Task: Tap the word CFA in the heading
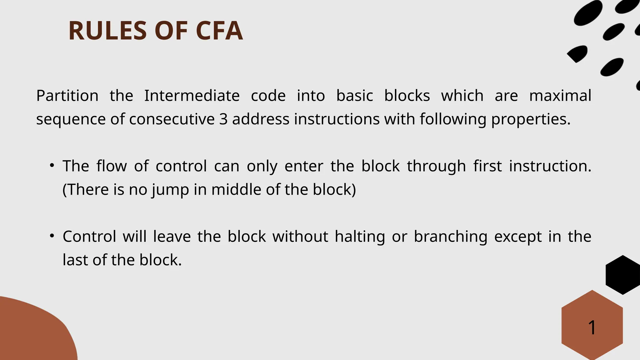[219, 31]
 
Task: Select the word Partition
[67, 96]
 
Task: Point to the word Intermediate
[192, 96]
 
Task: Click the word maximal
[560, 96]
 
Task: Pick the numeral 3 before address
[223, 119]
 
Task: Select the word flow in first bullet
[112, 166]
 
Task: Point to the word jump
[170, 190]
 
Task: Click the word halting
[360, 237]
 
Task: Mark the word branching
[450, 237]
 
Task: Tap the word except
[518, 237]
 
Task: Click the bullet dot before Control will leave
[52, 236]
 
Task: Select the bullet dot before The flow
[52, 165]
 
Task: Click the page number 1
[592, 327]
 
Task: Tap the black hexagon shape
[622, 275]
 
